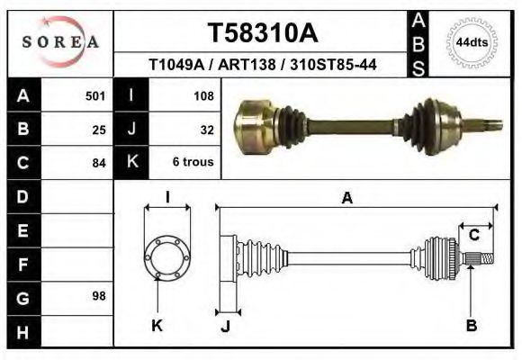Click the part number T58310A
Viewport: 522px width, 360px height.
[263, 33]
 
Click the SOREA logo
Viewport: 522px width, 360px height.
[60, 41]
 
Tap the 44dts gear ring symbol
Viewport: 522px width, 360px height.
[472, 42]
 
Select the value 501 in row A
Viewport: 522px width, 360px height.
[95, 94]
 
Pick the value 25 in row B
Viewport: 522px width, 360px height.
[99, 129]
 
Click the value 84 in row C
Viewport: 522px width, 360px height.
[99, 163]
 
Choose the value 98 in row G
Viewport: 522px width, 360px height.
[99, 296]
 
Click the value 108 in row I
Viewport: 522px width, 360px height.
[203, 94]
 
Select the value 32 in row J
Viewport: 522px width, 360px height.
[206, 129]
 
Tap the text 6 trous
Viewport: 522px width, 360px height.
[193, 163]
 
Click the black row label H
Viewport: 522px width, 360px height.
[22, 331]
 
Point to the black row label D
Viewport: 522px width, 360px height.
[22, 195]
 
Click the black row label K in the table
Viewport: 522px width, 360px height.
[132, 162]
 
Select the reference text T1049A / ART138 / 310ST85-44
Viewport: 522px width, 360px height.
[262, 65]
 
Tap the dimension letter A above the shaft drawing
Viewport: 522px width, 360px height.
[347, 200]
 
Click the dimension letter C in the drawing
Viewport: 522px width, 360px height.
[473, 236]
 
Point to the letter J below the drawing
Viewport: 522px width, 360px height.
[225, 326]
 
